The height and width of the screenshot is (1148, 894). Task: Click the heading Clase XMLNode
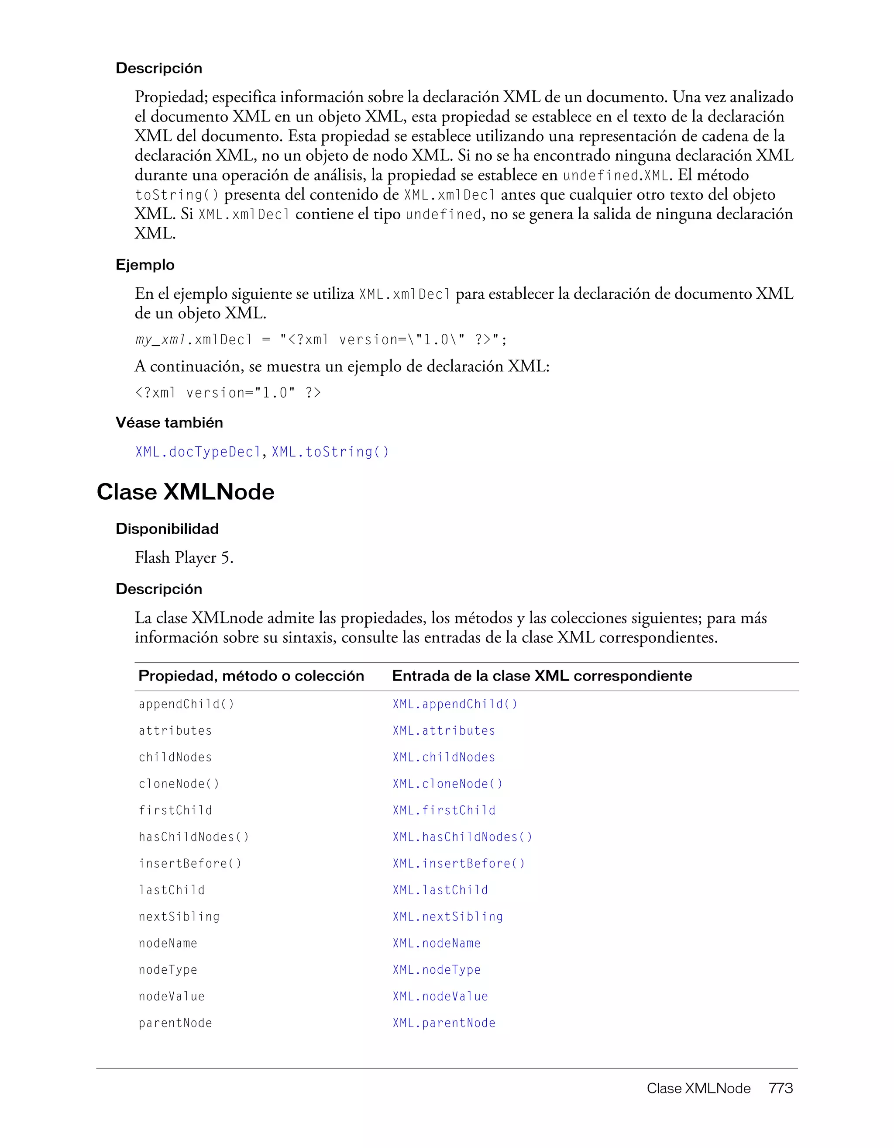pos(186,492)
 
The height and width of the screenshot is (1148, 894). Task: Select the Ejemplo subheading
pos(145,265)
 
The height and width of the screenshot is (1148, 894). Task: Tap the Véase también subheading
pos(169,422)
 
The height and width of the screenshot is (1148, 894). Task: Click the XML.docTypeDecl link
pos(198,452)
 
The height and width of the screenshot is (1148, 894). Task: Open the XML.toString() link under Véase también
pos(330,452)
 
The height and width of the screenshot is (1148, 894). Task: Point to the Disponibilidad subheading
pos(167,529)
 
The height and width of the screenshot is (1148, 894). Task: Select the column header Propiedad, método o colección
pos(251,676)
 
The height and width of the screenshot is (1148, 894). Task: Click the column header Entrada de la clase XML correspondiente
pos(542,676)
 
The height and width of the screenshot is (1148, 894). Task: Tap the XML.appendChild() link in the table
pos(455,704)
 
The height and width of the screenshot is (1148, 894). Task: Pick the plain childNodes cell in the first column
pos(175,757)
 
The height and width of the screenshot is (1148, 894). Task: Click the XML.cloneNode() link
pos(447,784)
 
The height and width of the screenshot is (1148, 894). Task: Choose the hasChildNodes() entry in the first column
pos(194,837)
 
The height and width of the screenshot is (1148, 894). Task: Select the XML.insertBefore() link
pos(458,864)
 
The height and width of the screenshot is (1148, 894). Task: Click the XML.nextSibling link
pos(447,917)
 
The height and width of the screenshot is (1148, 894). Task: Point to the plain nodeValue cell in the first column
pos(171,996)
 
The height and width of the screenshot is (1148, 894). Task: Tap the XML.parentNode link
pos(444,1023)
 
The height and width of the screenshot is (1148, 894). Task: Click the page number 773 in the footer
pos(781,1089)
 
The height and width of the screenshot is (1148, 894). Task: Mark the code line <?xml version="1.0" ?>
pos(227,393)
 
